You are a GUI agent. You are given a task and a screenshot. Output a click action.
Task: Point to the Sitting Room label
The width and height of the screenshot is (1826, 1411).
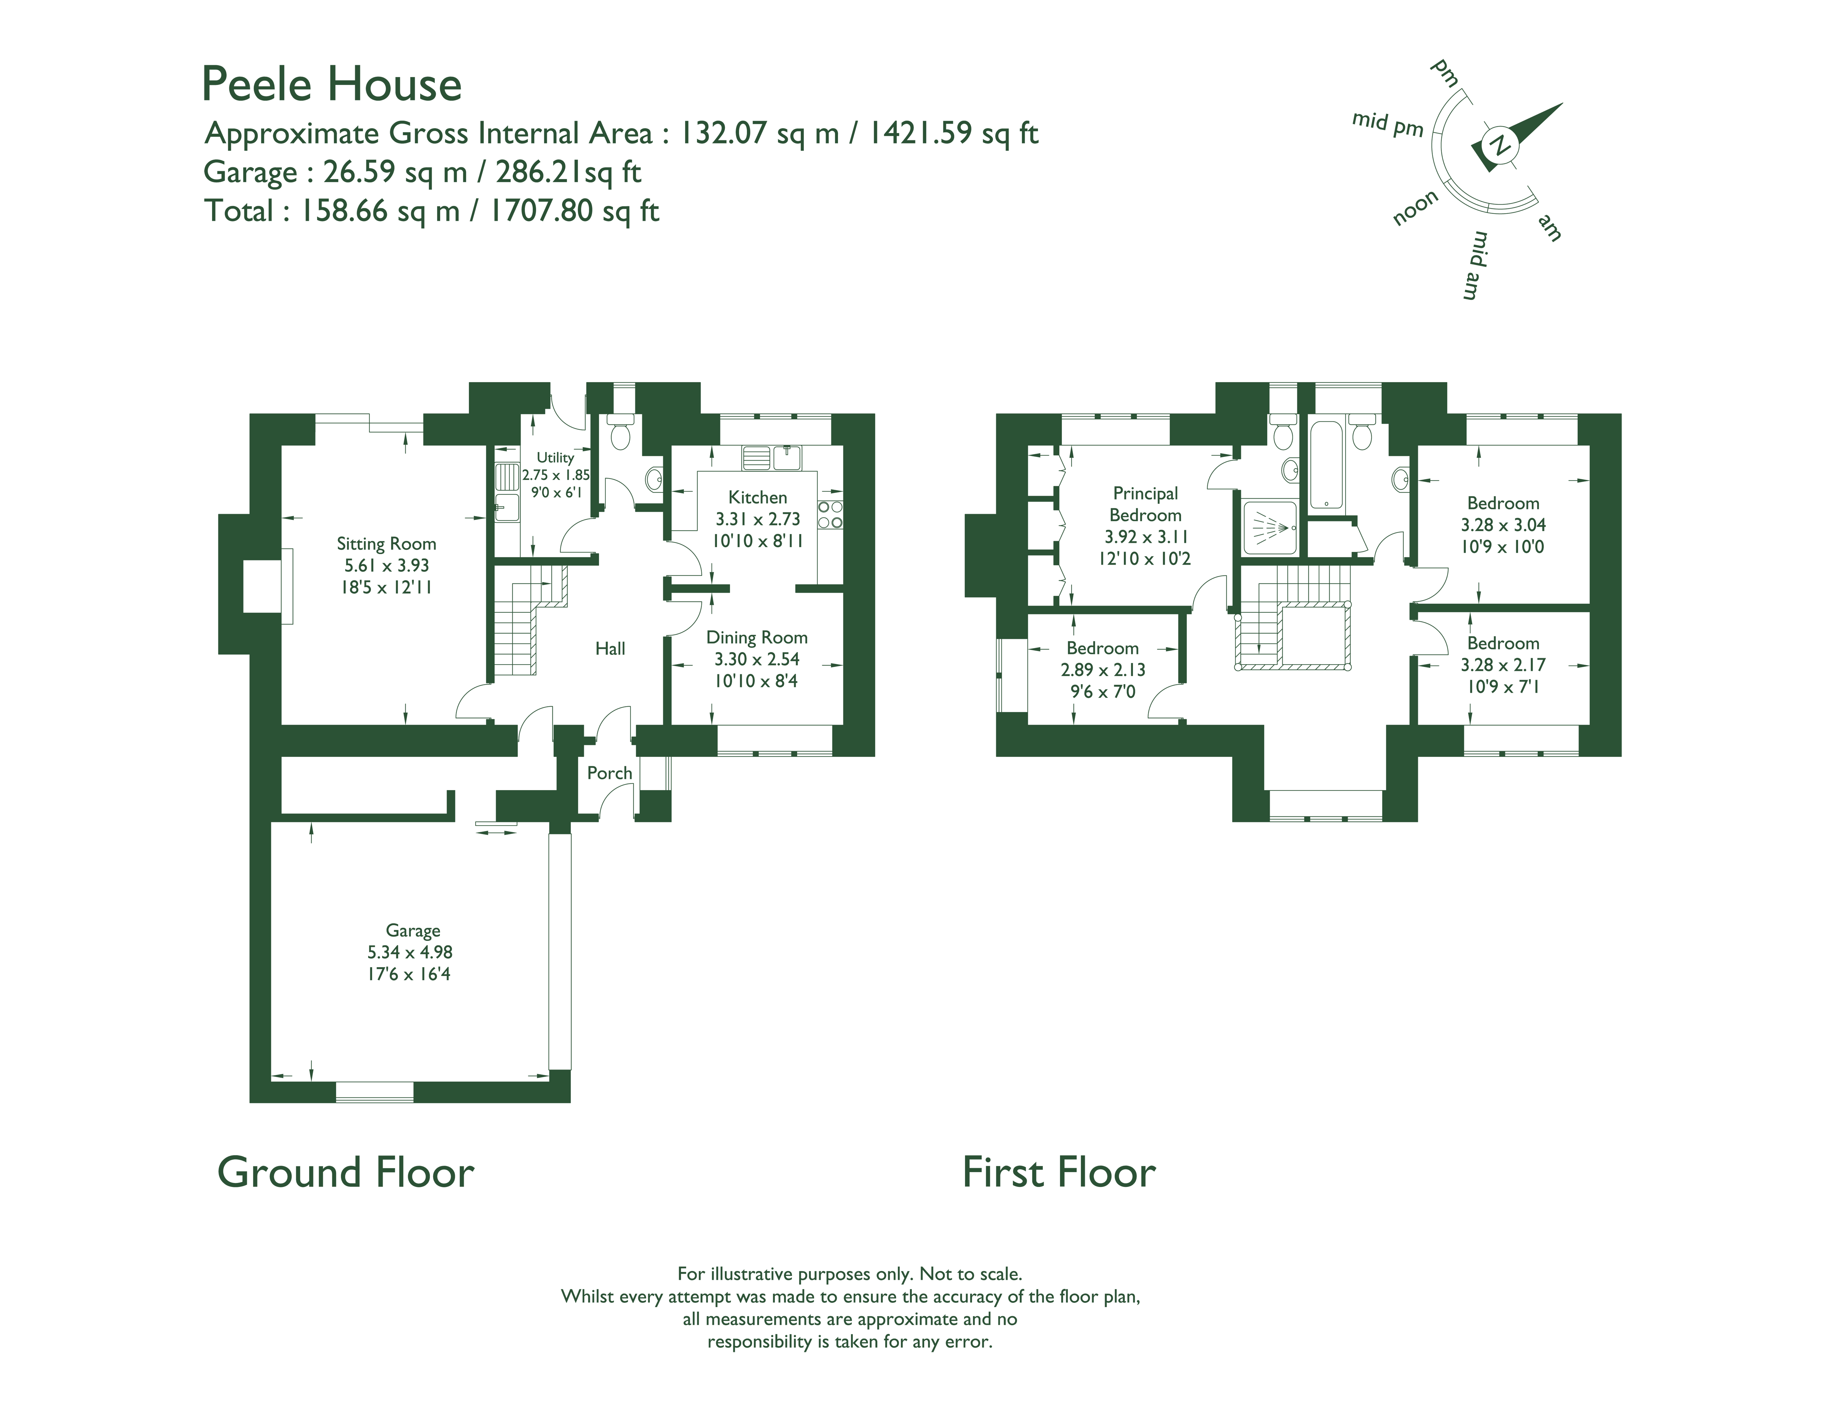point(386,544)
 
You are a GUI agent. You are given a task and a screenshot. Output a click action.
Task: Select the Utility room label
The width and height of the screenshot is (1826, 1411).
point(555,457)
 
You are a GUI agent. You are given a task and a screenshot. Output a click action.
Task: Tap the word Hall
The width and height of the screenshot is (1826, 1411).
point(610,648)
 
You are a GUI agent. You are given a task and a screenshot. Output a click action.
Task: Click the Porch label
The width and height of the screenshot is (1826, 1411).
point(609,773)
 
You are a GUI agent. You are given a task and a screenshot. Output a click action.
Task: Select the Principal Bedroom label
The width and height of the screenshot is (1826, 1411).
point(1146,504)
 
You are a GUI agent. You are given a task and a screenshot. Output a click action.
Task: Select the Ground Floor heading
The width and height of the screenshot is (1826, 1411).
point(345,1172)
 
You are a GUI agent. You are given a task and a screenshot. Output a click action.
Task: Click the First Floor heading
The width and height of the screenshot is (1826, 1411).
point(1059,1172)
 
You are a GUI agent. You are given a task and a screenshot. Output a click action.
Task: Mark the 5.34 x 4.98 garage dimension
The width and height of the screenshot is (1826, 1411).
point(410,952)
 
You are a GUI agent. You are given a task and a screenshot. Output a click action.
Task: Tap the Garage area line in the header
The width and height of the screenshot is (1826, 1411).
point(422,172)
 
